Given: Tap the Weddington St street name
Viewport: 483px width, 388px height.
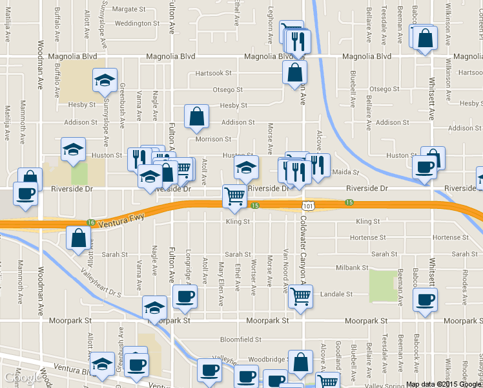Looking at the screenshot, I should (x=137, y=23).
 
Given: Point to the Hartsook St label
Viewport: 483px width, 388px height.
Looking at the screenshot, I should (x=213, y=73).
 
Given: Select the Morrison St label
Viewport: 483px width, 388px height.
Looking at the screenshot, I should (x=213, y=139).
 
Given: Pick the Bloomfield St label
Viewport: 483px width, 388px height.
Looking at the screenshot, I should (x=240, y=339).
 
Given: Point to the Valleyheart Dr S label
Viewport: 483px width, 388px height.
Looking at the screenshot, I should (x=101, y=283).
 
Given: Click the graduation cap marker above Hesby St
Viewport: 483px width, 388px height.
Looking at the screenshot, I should (x=105, y=80).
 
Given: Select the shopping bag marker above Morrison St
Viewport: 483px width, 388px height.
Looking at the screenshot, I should (x=197, y=116).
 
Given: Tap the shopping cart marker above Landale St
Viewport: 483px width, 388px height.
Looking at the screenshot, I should (x=300, y=296).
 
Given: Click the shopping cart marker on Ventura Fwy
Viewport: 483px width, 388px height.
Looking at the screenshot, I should (x=234, y=197).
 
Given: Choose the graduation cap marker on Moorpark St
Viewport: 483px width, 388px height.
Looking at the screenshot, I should (x=155, y=307).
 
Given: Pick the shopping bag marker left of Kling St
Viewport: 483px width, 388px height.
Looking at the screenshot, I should (x=78, y=237).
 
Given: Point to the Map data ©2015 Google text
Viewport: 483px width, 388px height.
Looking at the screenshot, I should (x=444, y=384).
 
